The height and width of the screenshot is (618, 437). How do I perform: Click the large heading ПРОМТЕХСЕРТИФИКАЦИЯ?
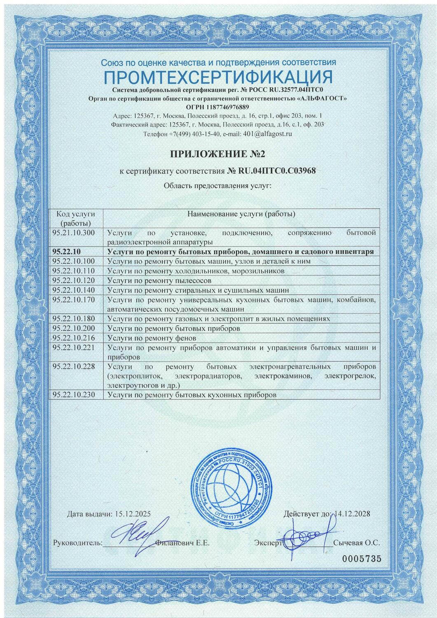pos(218,77)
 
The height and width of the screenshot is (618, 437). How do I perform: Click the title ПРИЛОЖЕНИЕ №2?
pos(218,154)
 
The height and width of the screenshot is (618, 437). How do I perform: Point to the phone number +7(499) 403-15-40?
pos(193,134)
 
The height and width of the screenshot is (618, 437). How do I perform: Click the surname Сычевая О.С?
pos(356,543)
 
